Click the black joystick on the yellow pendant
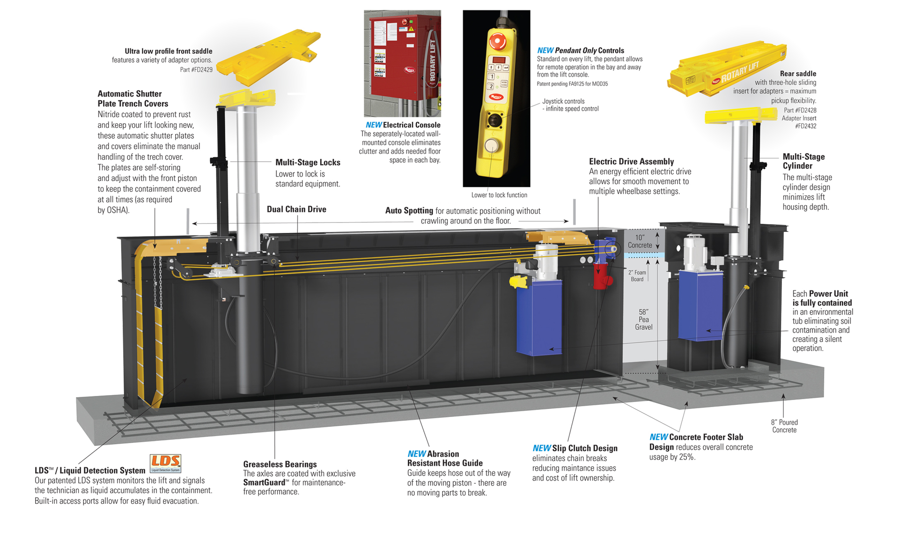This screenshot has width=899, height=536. pyautogui.click(x=494, y=119)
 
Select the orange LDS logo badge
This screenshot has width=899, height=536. pyautogui.click(x=165, y=463)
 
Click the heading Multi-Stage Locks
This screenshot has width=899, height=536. pyautogui.click(x=308, y=163)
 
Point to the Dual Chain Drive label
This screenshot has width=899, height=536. pyautogui.click(x=296, y=209)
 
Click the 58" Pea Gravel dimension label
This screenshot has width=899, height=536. pyautogui.click(x=643, y=320)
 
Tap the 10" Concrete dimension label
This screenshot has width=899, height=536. pyautogui.click(x=640, y=241)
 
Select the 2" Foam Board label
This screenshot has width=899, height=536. pyautogui.click(x=637, y=275)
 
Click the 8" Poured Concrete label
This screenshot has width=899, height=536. pyautogui.click(x=784, y=426)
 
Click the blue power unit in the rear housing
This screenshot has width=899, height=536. pyautogui.click(x=700, y=305)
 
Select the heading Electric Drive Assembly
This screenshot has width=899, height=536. pyautogui.click(x=631, y=162)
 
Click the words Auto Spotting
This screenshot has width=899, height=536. pyautogui.click(x=409, y=211)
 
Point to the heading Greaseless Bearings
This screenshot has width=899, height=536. pyautogui.click(x=280, y=464)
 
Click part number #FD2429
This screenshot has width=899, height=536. pyautogui.click(x=196, y=70)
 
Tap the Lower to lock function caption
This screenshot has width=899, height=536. pyautogui.click(x=499, y=195)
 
